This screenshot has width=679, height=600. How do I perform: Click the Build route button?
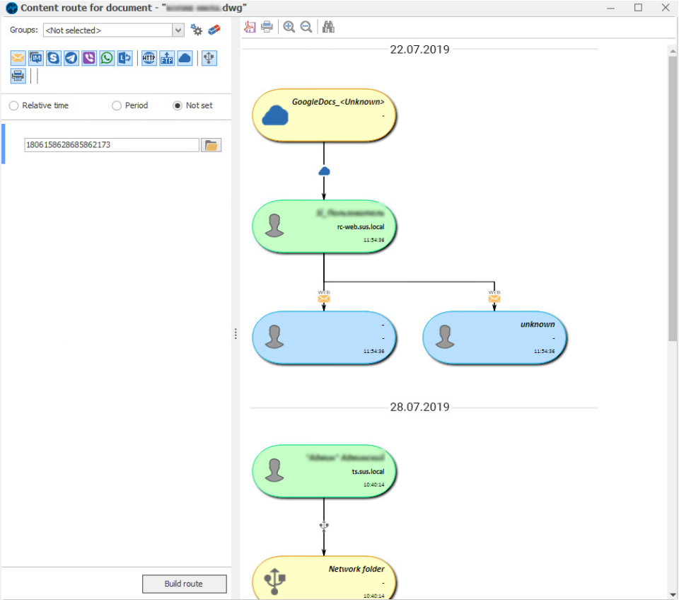point(184,584)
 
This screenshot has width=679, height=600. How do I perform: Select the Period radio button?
point(117,105)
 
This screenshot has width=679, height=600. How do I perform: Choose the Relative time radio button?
point(14,105)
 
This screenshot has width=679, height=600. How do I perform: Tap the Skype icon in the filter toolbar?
point(54,58)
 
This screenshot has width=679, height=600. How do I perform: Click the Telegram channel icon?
point(71,58)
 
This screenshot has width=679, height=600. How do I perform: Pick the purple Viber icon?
point(89,58)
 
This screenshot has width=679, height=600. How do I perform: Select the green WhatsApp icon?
point(107,58)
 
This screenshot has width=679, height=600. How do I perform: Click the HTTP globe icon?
point(149,58)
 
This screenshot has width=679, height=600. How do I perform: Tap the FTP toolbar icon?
point(166,58)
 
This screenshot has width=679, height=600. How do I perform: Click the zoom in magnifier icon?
point(289,27)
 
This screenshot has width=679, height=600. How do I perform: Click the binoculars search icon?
point(328,27)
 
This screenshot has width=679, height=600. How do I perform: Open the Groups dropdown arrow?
point(178,30)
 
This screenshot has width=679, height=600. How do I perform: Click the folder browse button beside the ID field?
point(211,145)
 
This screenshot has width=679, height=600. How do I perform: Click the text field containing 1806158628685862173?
point(111,145)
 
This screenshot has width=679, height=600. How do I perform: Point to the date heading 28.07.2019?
point(419,407)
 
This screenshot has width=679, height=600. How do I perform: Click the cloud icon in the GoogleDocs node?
point(275,115)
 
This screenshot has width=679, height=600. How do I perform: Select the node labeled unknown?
point(494,337)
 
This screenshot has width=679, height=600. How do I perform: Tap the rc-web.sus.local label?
point(361,227)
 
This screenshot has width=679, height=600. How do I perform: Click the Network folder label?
point(356,569)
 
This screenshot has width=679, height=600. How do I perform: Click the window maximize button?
point(638,8)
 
